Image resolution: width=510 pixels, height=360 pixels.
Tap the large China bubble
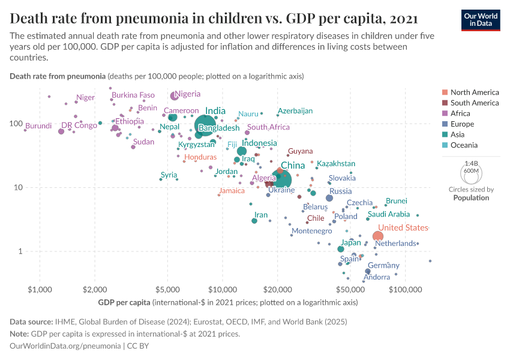280,178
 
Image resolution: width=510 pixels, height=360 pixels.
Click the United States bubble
378,236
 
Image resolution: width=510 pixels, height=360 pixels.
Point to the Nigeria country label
187,94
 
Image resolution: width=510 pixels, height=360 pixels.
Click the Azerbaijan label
295,111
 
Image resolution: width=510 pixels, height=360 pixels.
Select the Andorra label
377,277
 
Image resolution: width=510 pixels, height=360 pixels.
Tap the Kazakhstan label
336,164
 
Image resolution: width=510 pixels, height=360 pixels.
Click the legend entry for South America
474,103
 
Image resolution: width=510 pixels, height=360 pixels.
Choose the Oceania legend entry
464,145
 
